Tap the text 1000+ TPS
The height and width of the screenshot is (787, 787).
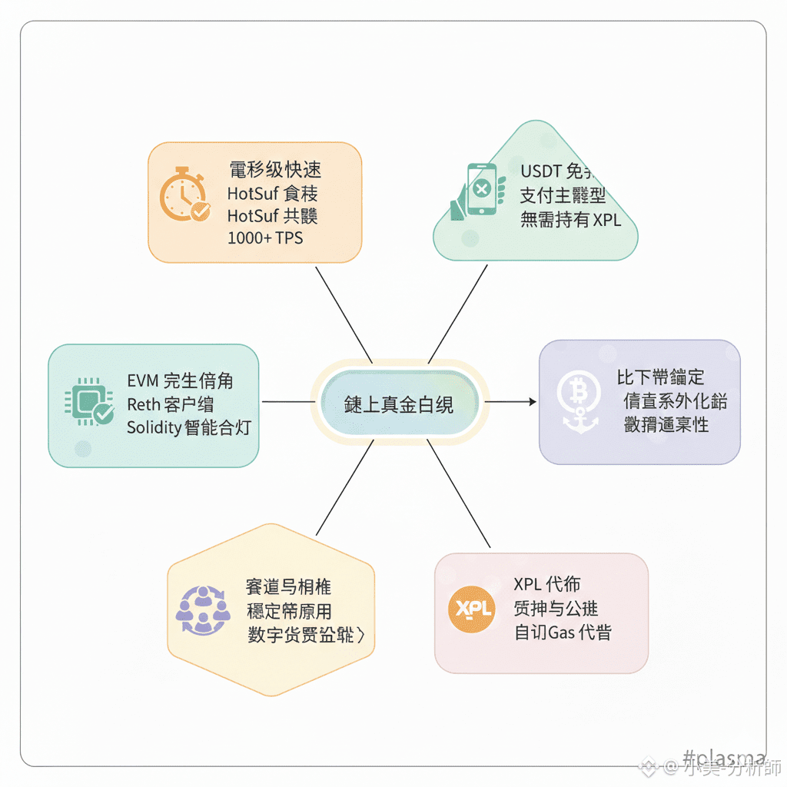pyautogui.click(x=265, y=238)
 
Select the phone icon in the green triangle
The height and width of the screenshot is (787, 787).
pyautogui.click(x=480, y=188)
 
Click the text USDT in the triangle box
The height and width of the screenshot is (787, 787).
pyautogui.click(x=541, y=171)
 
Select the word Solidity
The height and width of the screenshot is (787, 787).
pyautogui.click(x=153, y=427)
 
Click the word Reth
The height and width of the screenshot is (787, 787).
pyautogui.click(x=143, y=404)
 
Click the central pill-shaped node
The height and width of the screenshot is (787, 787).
pyautogui.click(x=399, y=404)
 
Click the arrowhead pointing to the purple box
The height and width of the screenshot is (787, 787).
pyautogui.click(x=530, y=402)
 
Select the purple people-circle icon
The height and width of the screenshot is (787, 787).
pyautogui.click(x=203, y=610)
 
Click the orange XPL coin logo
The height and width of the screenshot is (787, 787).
pyautogui.click(x=471, y=609)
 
